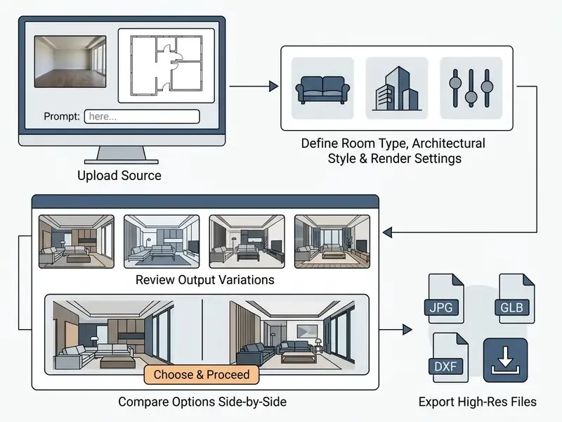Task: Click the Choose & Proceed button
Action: tap(202, 375)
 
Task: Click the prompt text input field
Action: tap(142, 117)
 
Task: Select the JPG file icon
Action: tap(443, 298)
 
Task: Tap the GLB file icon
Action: tap(514, 298)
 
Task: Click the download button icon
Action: tap(505, 360)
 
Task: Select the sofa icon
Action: tap(322, 89)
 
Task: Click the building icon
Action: tap(397, 89)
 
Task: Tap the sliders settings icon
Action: tap(471, 88)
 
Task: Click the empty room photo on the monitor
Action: tap(70, 61)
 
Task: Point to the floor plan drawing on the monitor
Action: tap(166, 65)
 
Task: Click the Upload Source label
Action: tap(119, 175)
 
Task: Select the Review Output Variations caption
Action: tap(205, 280)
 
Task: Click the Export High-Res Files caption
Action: tap(478, 402)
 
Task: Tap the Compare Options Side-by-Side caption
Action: tap(202, 402)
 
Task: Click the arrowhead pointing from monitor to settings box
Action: tap(274, 86)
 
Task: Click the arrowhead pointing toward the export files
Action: tap(407, 329)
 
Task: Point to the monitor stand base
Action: tap(122, 162)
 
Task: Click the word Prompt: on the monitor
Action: tap(62, 117)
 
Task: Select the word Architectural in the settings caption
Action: tap(448, 143)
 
